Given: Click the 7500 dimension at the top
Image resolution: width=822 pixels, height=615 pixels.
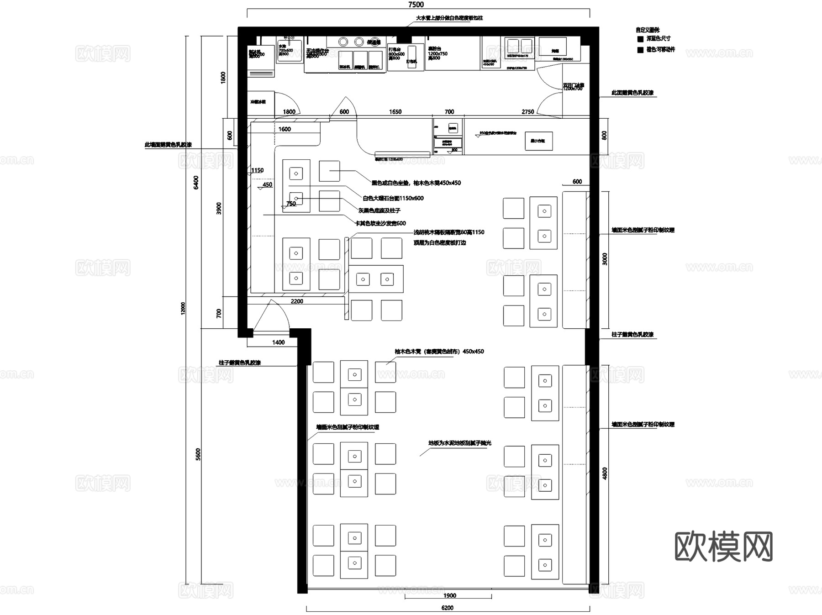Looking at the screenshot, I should coord(416,5).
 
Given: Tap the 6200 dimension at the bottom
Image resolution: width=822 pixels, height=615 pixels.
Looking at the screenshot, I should coord(447,608).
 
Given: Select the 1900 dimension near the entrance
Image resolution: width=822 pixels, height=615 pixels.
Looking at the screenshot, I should coord(449,595).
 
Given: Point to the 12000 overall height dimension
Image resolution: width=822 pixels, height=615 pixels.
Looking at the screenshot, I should coord(183,308).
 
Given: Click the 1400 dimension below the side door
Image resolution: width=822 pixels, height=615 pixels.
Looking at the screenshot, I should coord(278,342).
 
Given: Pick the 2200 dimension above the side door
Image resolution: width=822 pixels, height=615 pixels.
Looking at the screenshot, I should coord(297,301).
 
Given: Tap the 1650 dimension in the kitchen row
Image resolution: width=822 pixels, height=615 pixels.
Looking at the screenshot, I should coord(395,112).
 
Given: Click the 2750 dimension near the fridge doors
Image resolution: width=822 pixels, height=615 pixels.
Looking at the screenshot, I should coord(527,112).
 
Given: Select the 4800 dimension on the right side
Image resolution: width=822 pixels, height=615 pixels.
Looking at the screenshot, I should coord(605,473).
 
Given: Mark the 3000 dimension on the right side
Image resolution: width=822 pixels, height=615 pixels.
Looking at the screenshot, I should coord(605,259).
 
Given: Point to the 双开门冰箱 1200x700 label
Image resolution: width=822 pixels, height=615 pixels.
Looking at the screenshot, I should coord(573,87).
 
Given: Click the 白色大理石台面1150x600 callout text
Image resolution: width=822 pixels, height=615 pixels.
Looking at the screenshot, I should coord(393,198).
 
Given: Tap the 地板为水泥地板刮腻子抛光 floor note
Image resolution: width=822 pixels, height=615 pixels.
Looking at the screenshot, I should coord(459,443).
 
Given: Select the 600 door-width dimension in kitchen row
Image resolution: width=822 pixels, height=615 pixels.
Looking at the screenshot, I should coord(344,112).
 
